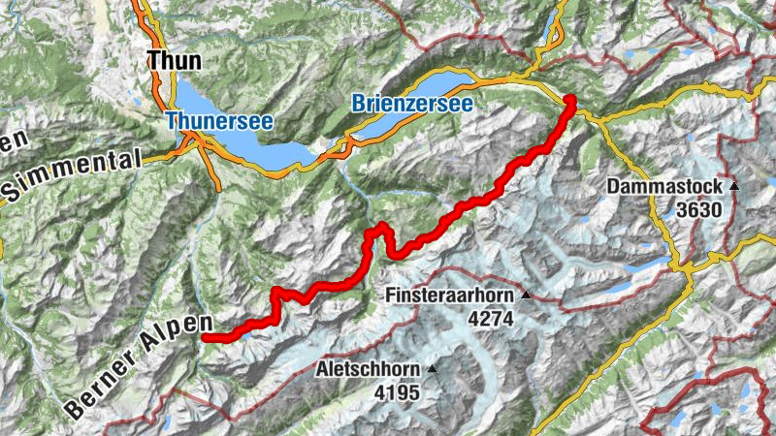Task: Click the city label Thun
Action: pyautogui.click(x=175, y=61)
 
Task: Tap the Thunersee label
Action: pyautogui.click(x=218, y=121)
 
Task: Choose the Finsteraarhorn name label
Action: pyautogui.click(x=451, y=296)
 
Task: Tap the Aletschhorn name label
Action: pyautogui.click(x=369, y=370)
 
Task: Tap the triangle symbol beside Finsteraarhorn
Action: pyautogui.click(x=527, y=295)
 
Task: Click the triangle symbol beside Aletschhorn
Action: pyautogui.click(x=432, y=369)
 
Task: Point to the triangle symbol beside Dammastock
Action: pyautogui.click(x=734, y=185)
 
